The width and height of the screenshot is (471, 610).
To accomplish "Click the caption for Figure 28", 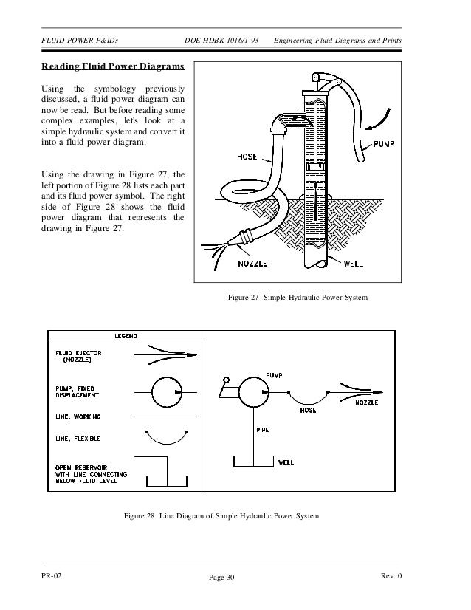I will (x=221, y=515).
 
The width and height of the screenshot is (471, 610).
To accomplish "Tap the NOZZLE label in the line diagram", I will (x=367, y=404).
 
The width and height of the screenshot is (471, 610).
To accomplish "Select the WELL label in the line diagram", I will (x=286, y=462).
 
